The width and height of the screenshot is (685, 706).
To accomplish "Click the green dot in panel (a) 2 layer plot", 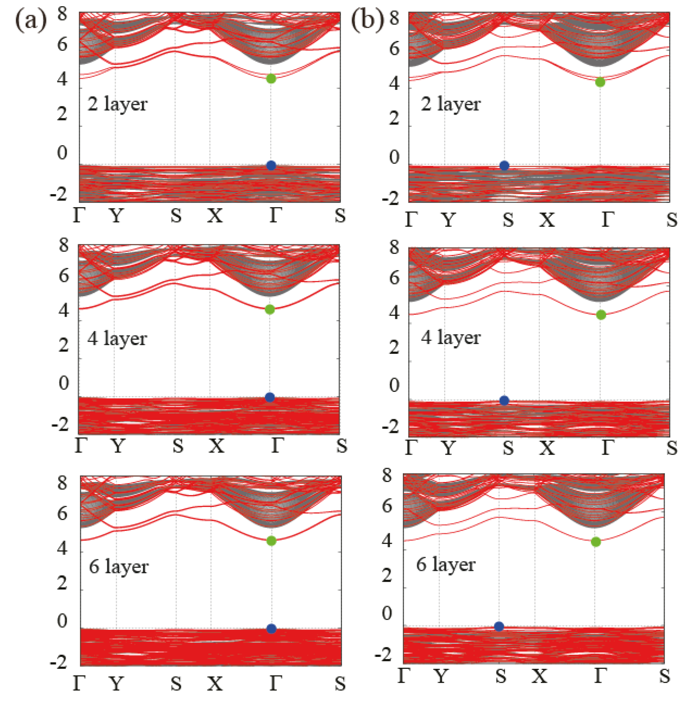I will click(271, 79).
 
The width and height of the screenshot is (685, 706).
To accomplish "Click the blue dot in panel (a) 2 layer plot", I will click(271, 165).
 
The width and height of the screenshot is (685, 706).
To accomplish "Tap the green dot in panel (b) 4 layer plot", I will click(601, 315).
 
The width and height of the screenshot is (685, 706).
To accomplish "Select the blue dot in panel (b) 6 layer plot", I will click(499, 626).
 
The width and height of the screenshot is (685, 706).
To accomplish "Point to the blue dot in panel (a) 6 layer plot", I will click(271, 629).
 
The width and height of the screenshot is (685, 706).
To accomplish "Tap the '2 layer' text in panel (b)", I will click(451, 105).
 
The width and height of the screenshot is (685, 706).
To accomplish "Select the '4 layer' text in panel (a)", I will click(117, 339).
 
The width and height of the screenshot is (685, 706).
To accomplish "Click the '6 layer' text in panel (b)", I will click(446, 565).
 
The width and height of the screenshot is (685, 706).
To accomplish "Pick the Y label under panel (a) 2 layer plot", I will click(116, 216).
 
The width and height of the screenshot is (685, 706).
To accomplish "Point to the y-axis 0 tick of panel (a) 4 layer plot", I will click(64, 383).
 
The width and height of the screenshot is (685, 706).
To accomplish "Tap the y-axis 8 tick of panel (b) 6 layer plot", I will click(387, 475).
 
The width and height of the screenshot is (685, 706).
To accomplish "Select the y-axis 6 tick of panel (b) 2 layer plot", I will click(394, 49).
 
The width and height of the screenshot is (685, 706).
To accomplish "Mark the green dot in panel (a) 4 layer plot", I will click(270, 309).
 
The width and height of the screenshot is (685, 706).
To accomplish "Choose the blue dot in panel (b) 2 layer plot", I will click(504, 166).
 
